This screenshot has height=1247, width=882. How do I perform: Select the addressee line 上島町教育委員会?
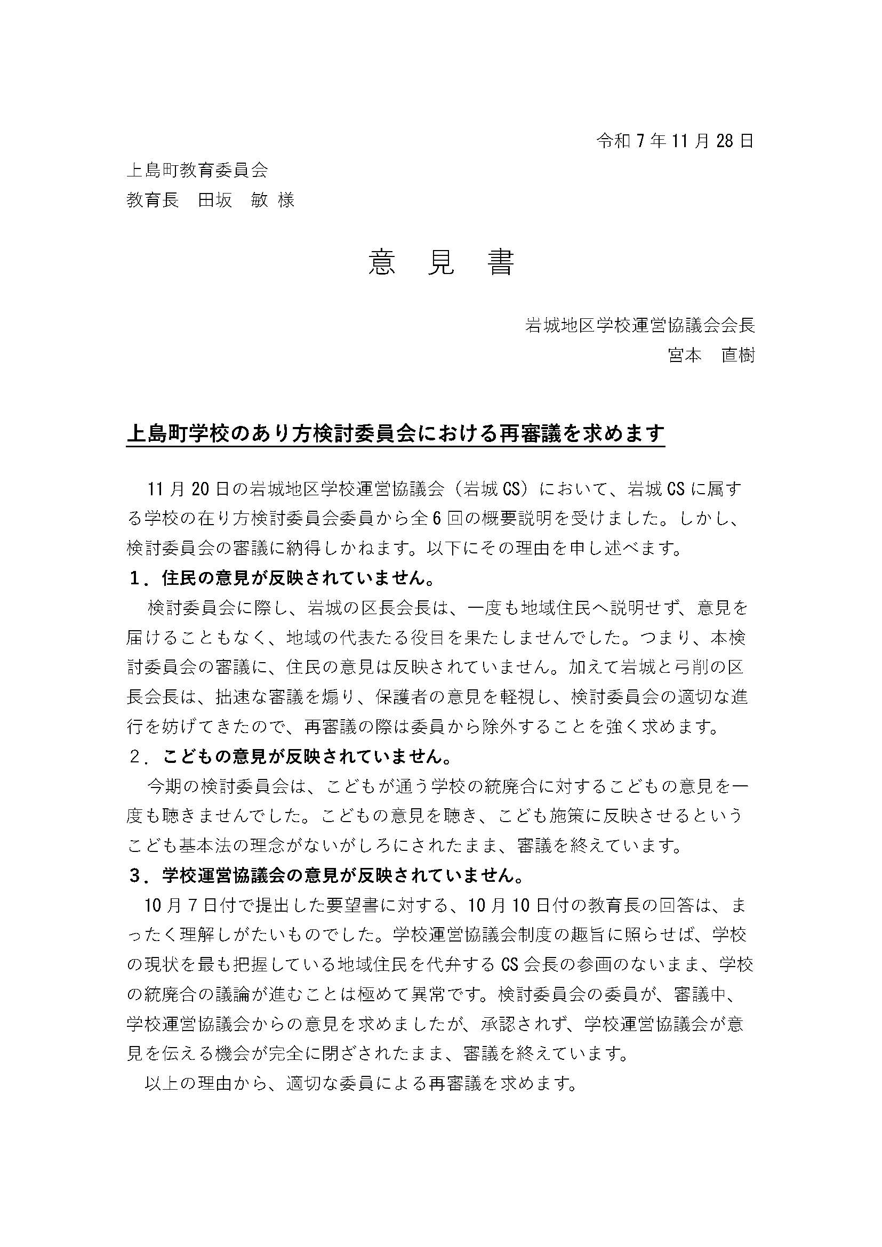pyautogui.click(x=197, y=171)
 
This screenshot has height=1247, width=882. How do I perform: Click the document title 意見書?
pyautogui.click(x=441, y=263)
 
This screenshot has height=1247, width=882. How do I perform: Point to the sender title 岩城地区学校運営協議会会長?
pyautogui.click(x=640, y=325)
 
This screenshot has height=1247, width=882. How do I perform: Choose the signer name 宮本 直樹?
pyautogui.click(x=711, y=355)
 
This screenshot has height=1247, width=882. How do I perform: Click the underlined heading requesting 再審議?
pyautogui.click(x=395, y=433)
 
